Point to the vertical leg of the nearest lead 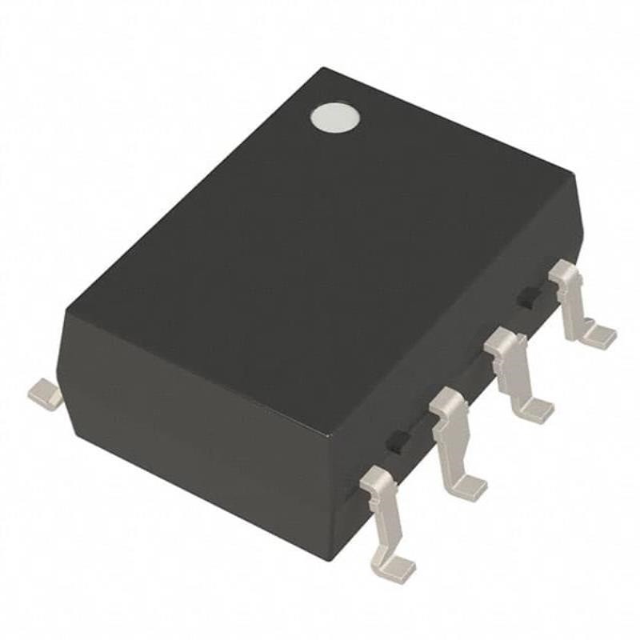pos(382,516)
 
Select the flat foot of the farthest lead pos(598,337)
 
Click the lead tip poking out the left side pos(45,393)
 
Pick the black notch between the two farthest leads pos(526,298)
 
